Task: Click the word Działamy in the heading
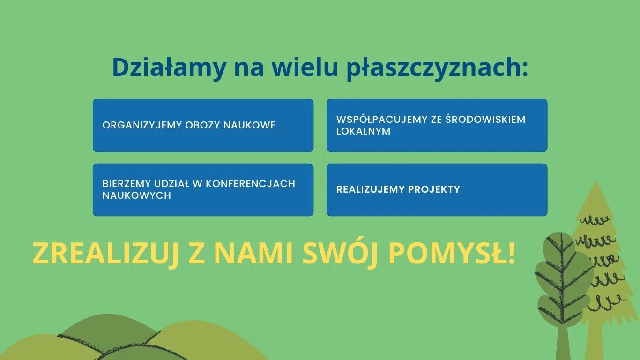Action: [x=169, y=68]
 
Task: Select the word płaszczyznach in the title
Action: [x=437, y=68]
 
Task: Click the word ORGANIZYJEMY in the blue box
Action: [x=142, y=125]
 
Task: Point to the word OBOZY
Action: [x=203, y=125]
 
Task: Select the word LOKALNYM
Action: [x=363, y=131]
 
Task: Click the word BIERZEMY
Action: [x=127, y=184]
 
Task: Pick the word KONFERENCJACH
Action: [x=251, y=184]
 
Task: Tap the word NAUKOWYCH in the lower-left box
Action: [x=136, y=195]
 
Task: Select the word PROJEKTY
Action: [x=434, y=189]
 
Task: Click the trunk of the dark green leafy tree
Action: [x=563, y=343]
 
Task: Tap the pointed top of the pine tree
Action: [x=596, y=181]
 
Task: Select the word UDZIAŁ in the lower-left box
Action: [x=171, y=184]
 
